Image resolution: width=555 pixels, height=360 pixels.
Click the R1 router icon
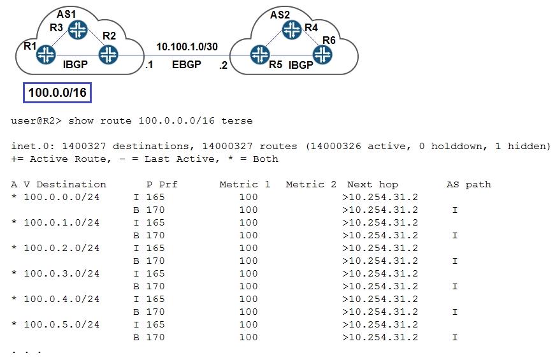(x=46, y=55)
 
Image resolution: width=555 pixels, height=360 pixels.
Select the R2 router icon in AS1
(x=108, y=55)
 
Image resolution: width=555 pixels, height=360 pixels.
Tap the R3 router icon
(x=78, y=29)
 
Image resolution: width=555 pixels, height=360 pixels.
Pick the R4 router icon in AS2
(x=292, y=29)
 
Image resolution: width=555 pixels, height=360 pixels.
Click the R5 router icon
(x=260, y=55)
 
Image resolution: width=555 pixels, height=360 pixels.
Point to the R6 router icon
(x=322, y=55)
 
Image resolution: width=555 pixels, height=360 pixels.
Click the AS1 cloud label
(x=66, y=14)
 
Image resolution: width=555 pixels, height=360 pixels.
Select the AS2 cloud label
(x=280, y=15)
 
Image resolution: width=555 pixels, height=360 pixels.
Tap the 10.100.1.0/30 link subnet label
(x=187, y=47)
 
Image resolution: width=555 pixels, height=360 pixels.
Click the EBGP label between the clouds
(x=187, y=64)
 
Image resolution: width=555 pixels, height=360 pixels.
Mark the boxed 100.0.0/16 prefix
(x=57, y=93)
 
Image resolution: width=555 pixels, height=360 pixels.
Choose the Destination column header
(x=71, y=184)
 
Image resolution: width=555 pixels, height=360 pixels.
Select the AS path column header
(x=468, y=184)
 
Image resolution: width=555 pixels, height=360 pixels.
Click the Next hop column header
(x=372, y=184)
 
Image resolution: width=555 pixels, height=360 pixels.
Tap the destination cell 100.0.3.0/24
(x=62, y=273)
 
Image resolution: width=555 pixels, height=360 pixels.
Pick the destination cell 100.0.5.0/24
(x=62, y=324)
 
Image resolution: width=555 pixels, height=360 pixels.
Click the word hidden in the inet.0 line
(x=527, y=146)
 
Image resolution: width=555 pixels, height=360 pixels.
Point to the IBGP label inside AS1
(x=75, y=64)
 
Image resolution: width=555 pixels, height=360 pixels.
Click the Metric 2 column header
(x=311, y=184)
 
